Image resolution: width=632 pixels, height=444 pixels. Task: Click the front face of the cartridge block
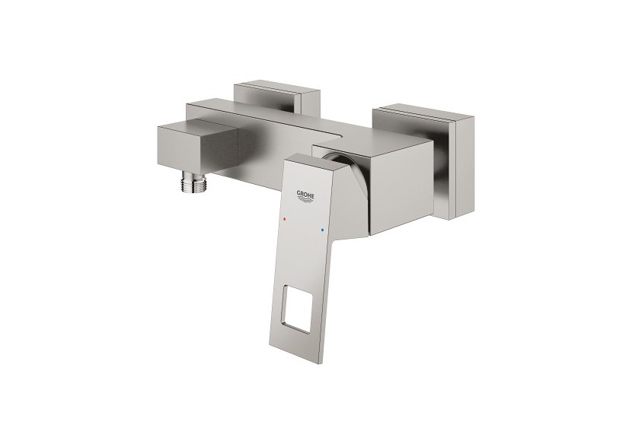click(388, 186)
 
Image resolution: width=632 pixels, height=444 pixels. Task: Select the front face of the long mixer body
click(267, 148)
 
